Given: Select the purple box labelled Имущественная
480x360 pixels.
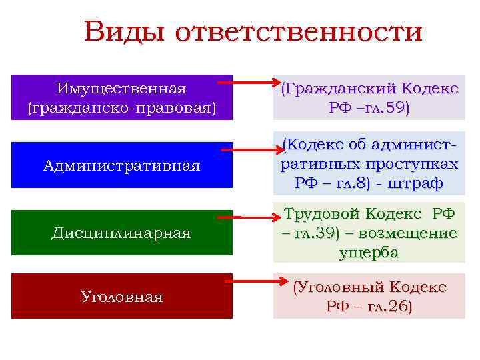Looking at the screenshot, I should coord(122,97).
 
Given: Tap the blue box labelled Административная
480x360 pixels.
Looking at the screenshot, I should coord(122,165).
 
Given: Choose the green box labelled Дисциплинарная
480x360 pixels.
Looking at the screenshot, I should coord(122,233).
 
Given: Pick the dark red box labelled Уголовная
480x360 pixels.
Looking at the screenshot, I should coord(122,296).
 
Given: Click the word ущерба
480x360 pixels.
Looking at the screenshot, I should coord(369,252).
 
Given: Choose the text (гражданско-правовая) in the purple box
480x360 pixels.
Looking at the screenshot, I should coord(122,107).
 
